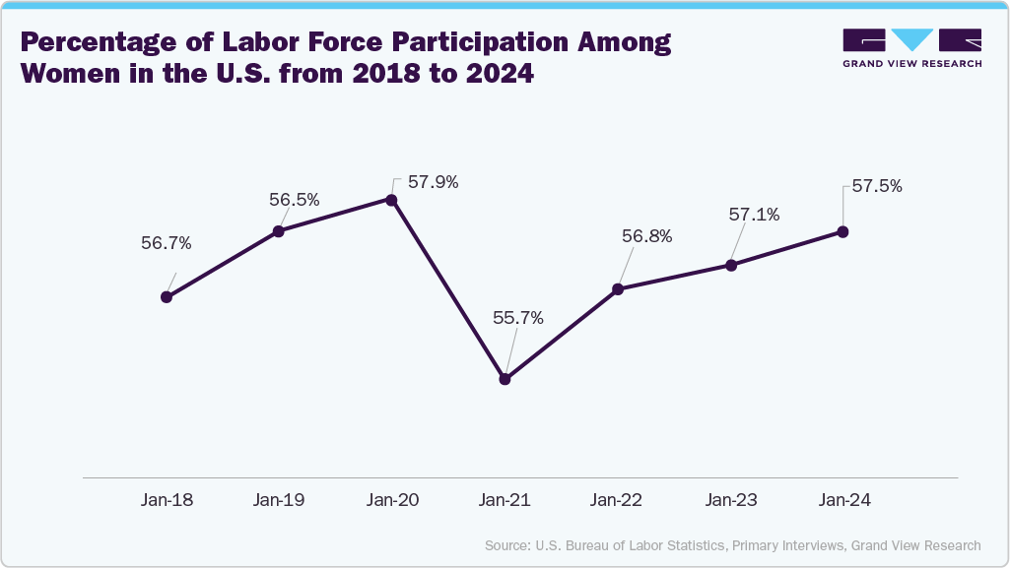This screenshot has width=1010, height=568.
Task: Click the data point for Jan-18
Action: pos(167,296)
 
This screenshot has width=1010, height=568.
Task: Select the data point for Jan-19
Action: pos(279,231)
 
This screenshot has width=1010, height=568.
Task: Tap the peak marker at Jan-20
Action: pos(391,200)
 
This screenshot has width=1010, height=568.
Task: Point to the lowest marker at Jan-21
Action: pos(505,378)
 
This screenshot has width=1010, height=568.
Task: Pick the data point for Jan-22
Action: pos(618,289)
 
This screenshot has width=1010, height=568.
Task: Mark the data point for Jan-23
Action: pos(731,265)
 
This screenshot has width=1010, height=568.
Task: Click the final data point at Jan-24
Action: pos(843,231)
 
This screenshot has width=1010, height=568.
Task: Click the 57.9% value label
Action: pos(432,182)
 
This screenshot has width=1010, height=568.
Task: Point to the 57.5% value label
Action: pos(877,185)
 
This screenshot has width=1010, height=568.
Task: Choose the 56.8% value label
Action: pos(646,236)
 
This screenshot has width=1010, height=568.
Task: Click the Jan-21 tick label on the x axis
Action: pos(505,500)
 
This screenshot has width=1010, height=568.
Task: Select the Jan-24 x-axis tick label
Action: pos(844,500)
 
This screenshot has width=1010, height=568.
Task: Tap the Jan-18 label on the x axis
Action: pos(167,500)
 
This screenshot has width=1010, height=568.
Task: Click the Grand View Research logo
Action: pos(911,48)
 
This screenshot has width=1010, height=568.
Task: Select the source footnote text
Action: pos(732,544)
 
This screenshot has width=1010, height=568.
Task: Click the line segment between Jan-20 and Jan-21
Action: pos(448,289)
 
